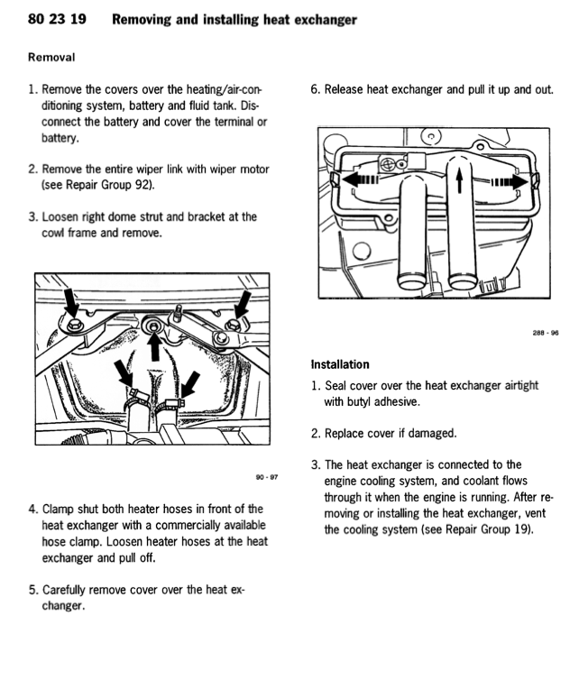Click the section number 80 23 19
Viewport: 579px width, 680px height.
click(x=57, y=20)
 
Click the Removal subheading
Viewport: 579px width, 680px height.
click(x=51, y=57)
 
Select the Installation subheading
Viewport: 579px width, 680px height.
click(x=339, y=364)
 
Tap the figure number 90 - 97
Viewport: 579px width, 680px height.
click(x=267, y=477)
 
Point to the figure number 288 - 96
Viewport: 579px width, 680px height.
click(x=546, y=332)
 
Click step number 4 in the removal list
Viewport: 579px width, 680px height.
click(x=33, y=510)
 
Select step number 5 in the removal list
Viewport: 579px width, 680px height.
click(x=33, y=590)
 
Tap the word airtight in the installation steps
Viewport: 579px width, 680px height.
click(x=517, y=385)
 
